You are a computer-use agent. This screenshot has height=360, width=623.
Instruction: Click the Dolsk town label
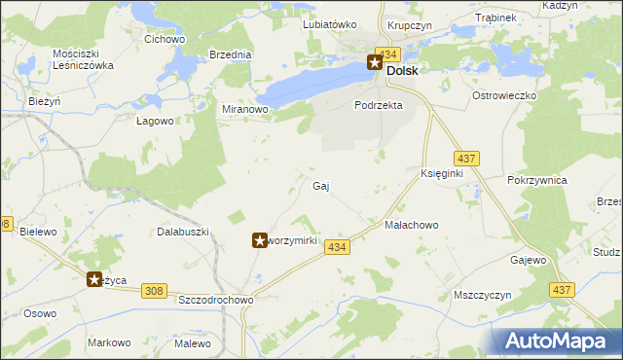pos(403,71)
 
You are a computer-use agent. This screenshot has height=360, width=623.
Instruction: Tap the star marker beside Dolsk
pos(376,64)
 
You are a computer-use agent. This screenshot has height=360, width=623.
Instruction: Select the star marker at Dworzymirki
pos(260,239)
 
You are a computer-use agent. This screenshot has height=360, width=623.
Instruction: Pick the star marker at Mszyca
pos(95,279)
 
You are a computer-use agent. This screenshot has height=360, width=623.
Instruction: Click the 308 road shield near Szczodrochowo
pos(153,291)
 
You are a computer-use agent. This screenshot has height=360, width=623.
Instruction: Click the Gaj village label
pos(321,186)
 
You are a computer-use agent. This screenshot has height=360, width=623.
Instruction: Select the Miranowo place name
pos(244,110)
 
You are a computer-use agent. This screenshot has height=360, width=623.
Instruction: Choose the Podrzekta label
pos(379,105)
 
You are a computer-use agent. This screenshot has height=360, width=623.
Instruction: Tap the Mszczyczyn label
pos(483,294)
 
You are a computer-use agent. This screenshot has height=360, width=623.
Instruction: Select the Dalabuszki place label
pos(184,232)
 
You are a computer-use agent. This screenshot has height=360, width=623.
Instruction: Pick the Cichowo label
pos(165,40)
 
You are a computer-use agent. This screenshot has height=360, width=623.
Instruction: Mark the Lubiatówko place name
pos(329,24)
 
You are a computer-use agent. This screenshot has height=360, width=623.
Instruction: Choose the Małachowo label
pos(412,225)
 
